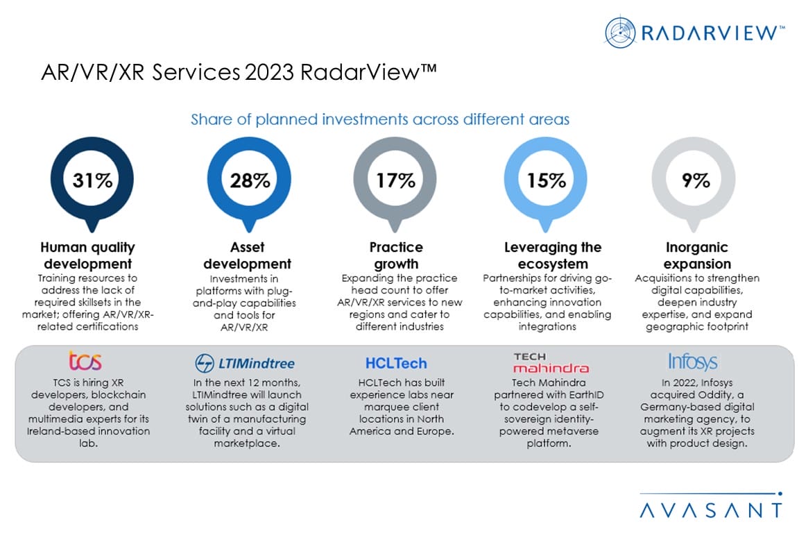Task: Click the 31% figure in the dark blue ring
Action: click(x=92, y=180)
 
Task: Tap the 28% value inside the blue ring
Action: click(x=250, y=180)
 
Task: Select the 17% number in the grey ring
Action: click(x=395, y=180)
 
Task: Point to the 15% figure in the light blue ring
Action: click(x=546, y=180)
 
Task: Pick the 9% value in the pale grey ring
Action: click(x=696, y=180)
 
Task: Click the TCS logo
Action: click(x=85, y=361)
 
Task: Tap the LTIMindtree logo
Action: click(x=245, y=363)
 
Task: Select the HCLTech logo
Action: click(x=396, y=363)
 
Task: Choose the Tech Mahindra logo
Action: click(x=551, y=363)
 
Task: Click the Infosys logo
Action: click(x=693, y=362)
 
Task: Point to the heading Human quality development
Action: click(x=87, y=255)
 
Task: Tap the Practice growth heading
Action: click(x=396, y=255)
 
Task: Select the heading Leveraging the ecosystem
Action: click(x=553, y=255)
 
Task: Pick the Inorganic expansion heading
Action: click(x=697, y=255)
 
